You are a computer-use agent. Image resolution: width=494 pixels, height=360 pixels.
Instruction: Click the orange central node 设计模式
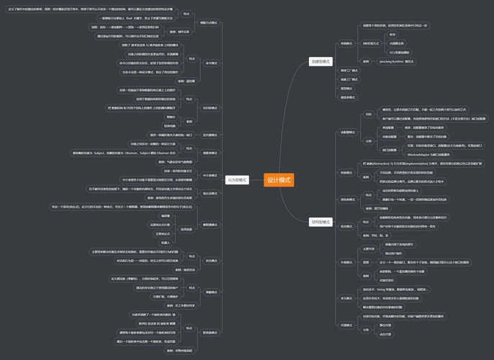279,179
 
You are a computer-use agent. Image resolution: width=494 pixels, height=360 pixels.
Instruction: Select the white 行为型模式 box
236,179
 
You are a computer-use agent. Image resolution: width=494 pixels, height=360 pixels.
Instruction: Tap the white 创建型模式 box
320,62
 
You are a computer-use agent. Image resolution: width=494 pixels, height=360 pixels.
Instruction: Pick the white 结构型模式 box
320,222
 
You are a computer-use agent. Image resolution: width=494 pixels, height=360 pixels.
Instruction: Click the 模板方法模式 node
210,23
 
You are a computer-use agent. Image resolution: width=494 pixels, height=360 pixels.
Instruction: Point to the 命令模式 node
212,63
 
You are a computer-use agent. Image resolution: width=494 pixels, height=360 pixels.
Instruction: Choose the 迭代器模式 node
210,135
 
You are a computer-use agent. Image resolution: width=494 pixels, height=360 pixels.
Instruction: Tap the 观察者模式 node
210,153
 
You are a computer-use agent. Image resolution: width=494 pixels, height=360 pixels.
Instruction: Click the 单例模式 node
346,43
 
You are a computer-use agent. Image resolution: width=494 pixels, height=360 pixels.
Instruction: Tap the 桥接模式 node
346,173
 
